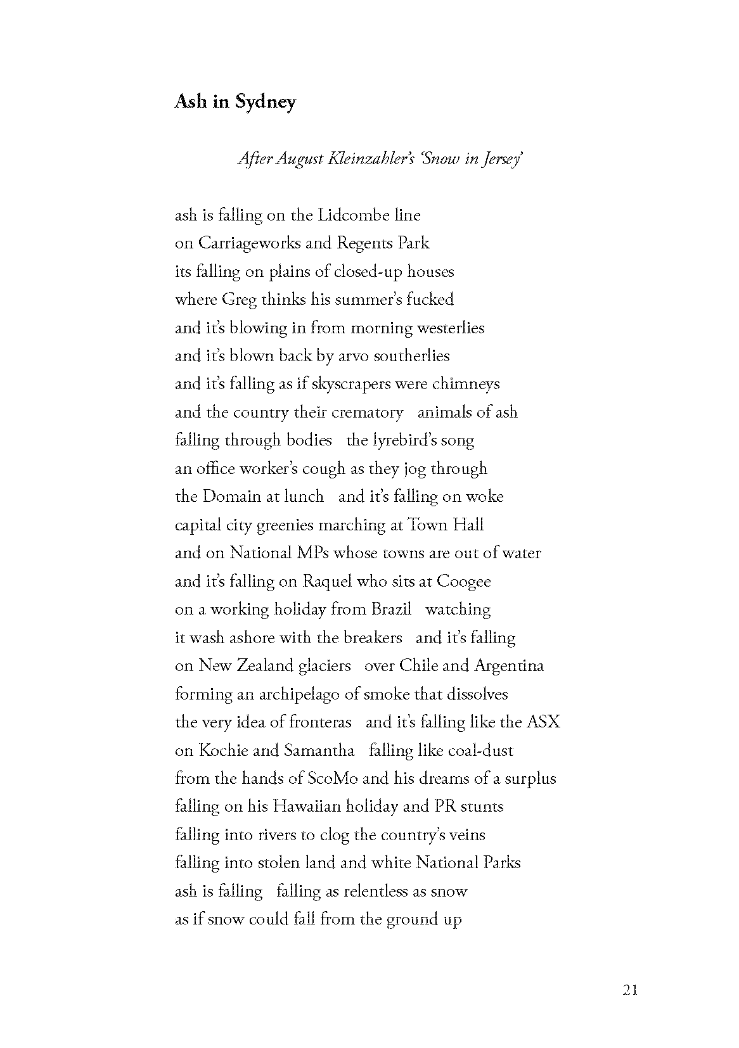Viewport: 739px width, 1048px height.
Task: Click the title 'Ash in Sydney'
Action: click(x=235, y=101)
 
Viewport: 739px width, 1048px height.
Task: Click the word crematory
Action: click(x=366, y=412)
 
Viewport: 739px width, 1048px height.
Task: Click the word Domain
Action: click(x=231, y=497)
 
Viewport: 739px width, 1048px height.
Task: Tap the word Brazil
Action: click(x=391, y=610)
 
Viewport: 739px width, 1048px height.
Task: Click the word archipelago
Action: click(x=300, y=694)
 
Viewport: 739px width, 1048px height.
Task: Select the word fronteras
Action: click(x=320, y=722)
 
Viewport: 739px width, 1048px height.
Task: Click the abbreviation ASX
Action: click(x=543, y=722)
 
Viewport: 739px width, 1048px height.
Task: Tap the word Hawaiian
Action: click(x=308, y=807)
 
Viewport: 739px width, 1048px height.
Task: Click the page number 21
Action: click(x=630, y=990)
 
